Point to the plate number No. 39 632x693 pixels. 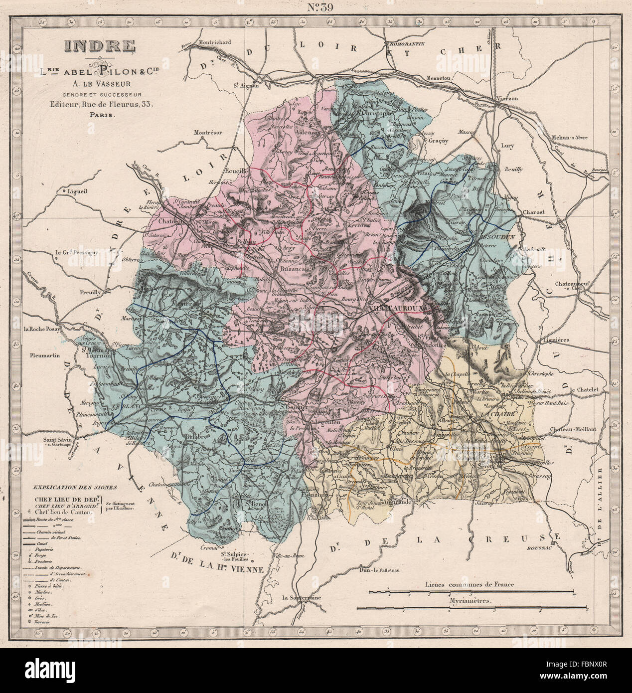[316, 7]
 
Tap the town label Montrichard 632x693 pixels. [215, 42]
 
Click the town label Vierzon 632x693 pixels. [507, 98]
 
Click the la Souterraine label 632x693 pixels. [301, 597]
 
